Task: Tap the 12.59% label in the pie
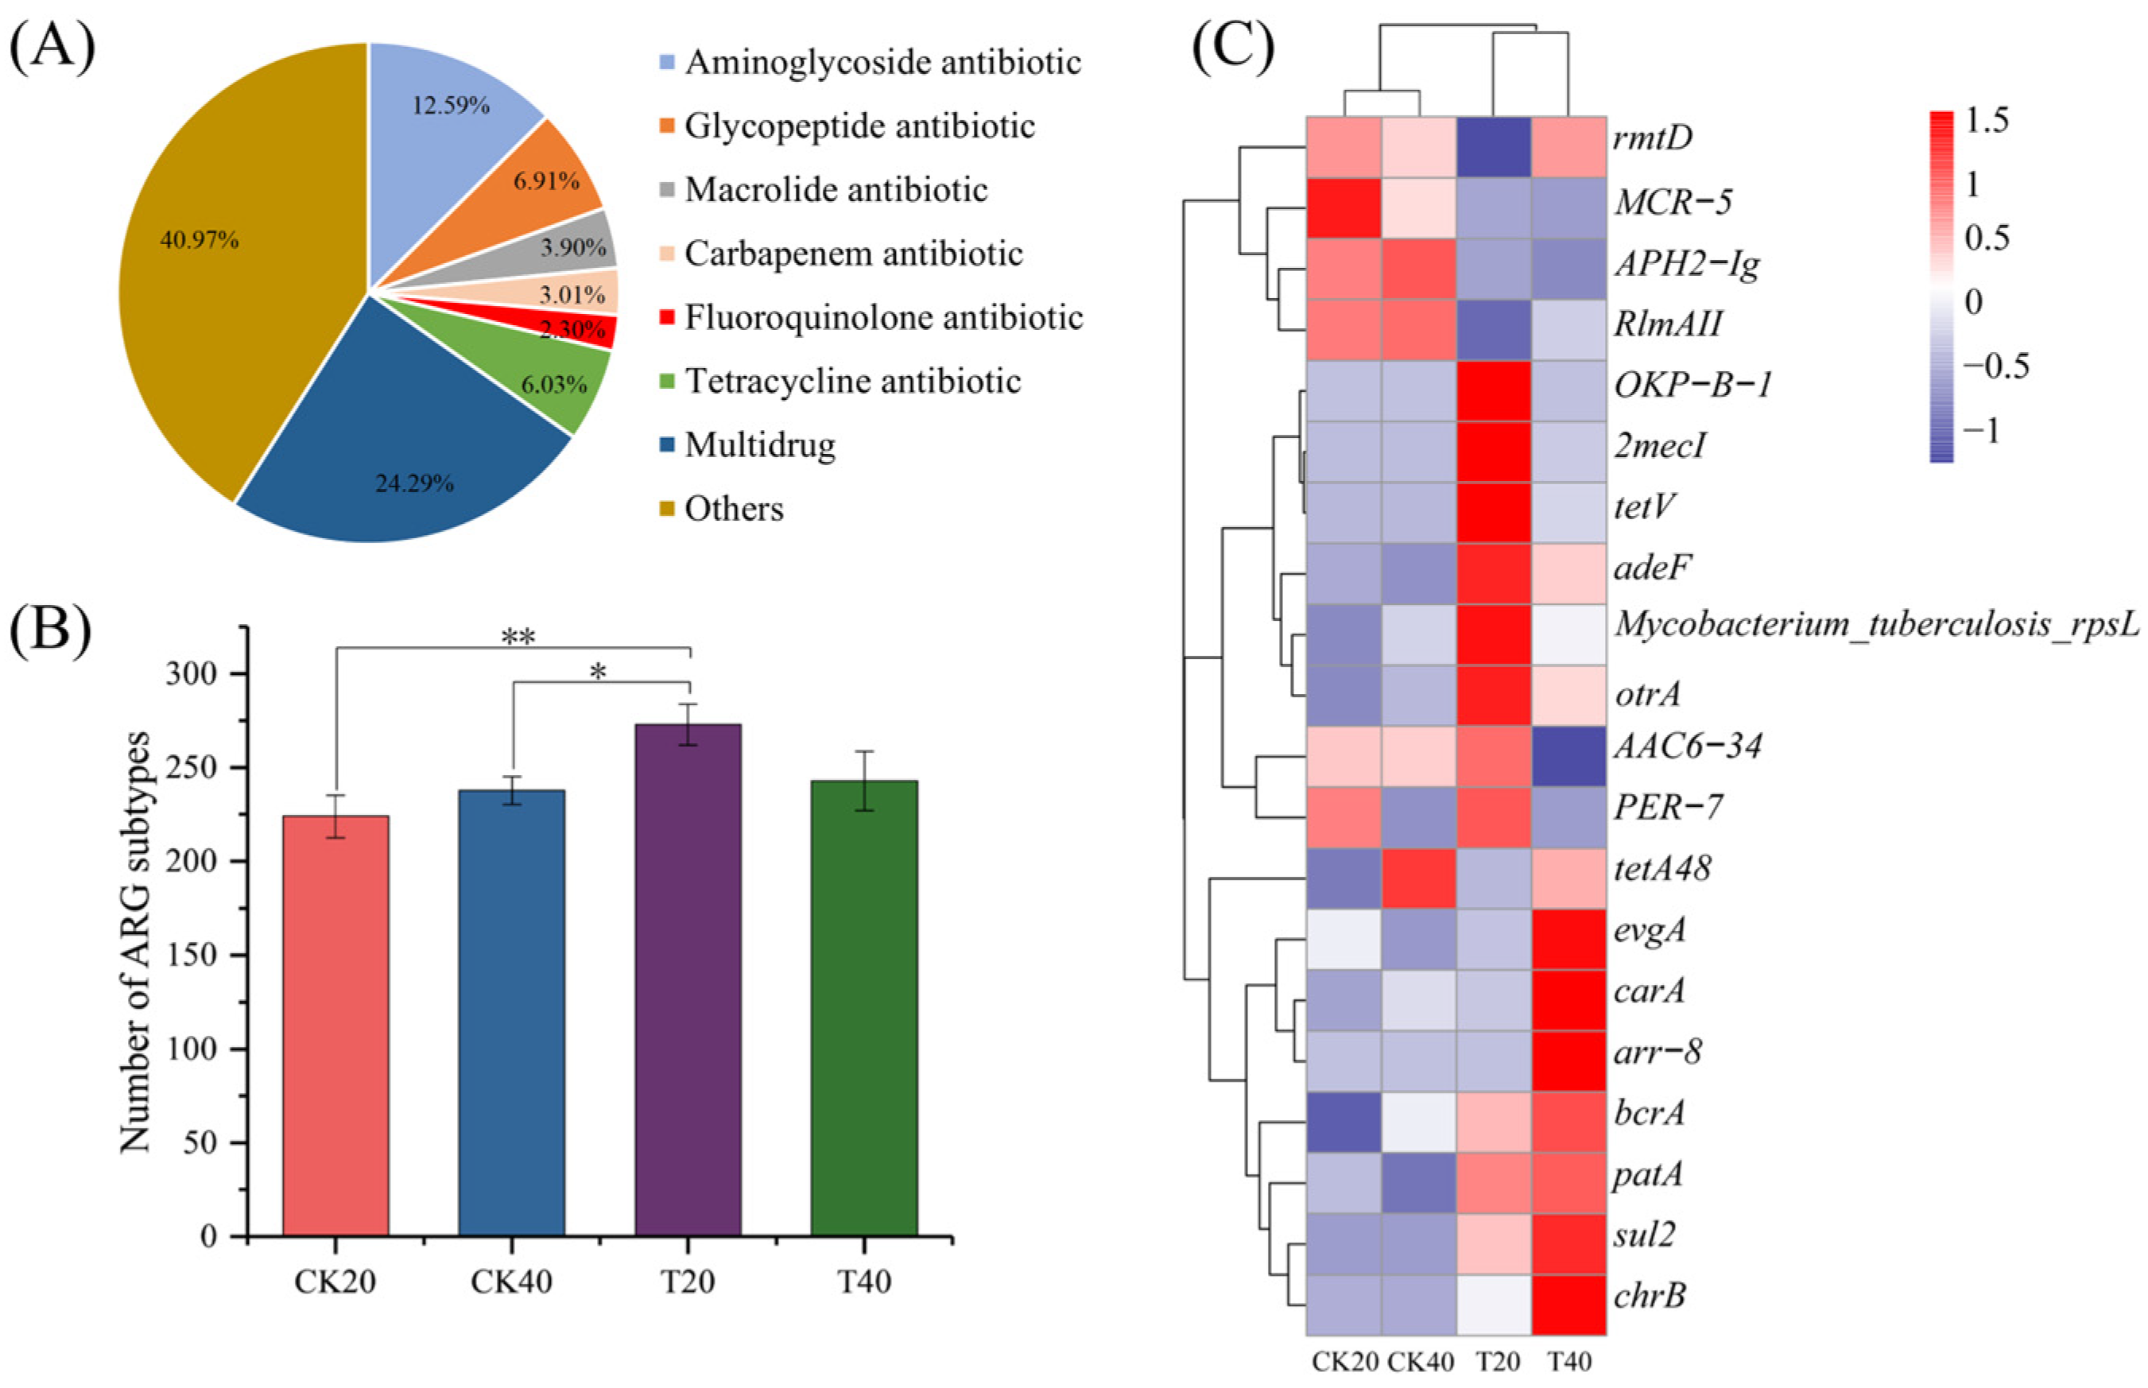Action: tap(451, 106)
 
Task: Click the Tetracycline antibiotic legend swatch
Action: tap(667, 382)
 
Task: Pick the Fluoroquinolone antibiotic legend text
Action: tap(883, 317)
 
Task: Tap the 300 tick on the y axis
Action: tap(195, 674)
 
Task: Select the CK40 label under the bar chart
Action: tap(511, 1281)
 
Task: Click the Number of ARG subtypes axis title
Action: tap(135, 942)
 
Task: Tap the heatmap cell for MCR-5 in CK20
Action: tap(1343, 208)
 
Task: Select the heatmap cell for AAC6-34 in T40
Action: tap(1568, 756)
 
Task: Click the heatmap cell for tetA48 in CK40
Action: tap(1419, 878)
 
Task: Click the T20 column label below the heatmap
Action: tap(1496, 1361)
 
